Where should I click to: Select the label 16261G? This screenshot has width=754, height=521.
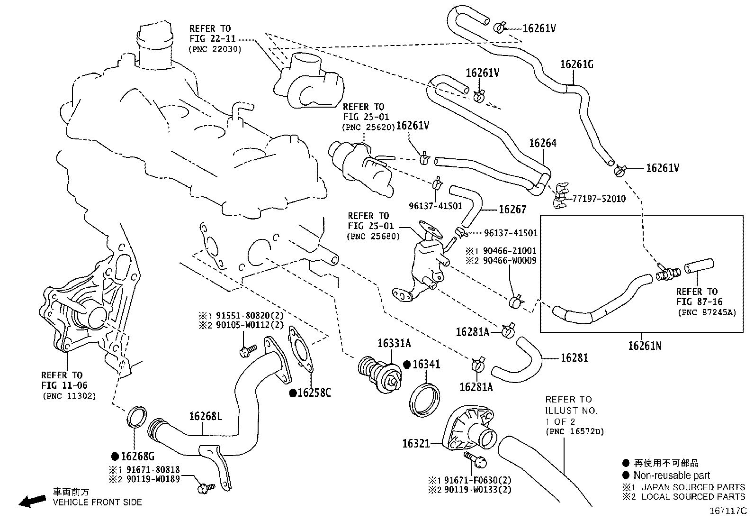pyautogui.click(x=576, y=64)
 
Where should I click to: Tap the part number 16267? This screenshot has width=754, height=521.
pyautogui.click(x=512, y=209)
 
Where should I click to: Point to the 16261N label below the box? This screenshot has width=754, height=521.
pyautogui.click(x=644, y=346)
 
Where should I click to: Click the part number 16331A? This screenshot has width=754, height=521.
pyautogui.click(x=394, y=343)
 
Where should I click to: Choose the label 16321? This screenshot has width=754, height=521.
pyautogui.click(x=416, y=443)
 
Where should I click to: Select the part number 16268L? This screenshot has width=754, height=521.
pyautogui.click(x=205, y=416)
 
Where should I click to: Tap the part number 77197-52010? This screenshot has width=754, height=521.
pyautogui.click(x=599, y=199)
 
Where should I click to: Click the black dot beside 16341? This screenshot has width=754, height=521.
pyautogui.click(x=406, y=365)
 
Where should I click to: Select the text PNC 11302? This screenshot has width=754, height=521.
pyautogui.click(x=69, y=396)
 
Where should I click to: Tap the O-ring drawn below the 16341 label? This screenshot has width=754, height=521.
pyautogui.click(x=424, y=401)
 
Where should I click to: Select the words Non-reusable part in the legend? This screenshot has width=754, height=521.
pyautogui.click(x=672, y=475)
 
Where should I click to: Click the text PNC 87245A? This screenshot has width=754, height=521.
pyautogui.click(x=706, y=312)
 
